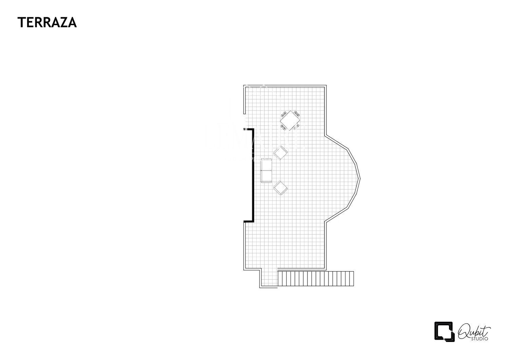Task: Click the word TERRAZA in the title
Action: (x=47, y=22)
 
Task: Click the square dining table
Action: (x=290, y=120)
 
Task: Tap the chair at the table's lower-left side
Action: (x=283, y=127)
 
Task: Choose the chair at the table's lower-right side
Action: (x=297, y=127)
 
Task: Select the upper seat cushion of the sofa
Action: (x=266, y=165)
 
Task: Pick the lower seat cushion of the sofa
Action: (x=266, y=176)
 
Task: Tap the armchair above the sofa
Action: (x=281, y=153)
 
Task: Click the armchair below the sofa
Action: (x=281, y=188)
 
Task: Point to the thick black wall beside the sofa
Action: (x=252, y=175)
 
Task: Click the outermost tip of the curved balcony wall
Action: (x=359, y=178)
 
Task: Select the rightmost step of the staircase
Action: (x=351, y=279)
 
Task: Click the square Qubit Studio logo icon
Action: (x=444, y=331)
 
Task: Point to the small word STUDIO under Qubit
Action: (x=481, y=339)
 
